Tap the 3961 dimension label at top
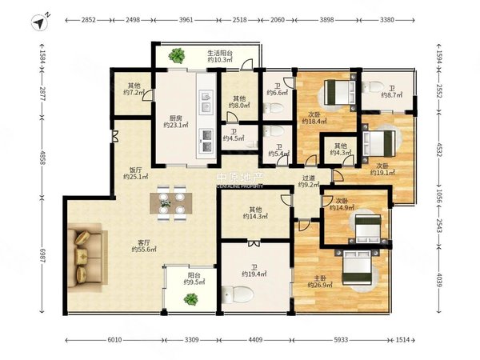click(x=186, y=20)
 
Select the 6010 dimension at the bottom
click(x=114, y=340)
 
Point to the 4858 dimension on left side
click(x=42, y=158)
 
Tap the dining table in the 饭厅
click(x=171, y=203)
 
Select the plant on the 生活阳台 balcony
click(x=177, y=55)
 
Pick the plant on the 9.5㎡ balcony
click(x=191, y=298)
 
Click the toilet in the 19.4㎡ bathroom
click(x=238, y=294)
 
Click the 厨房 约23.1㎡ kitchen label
click(x=176, y=122)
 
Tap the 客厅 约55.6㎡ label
click(x=144, y=246)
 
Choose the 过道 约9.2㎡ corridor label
click(x=309, y=182)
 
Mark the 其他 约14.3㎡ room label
click(x=255, y=213)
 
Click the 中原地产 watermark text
click(x=240, y=178)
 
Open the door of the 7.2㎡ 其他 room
click(x=149, y=95)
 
